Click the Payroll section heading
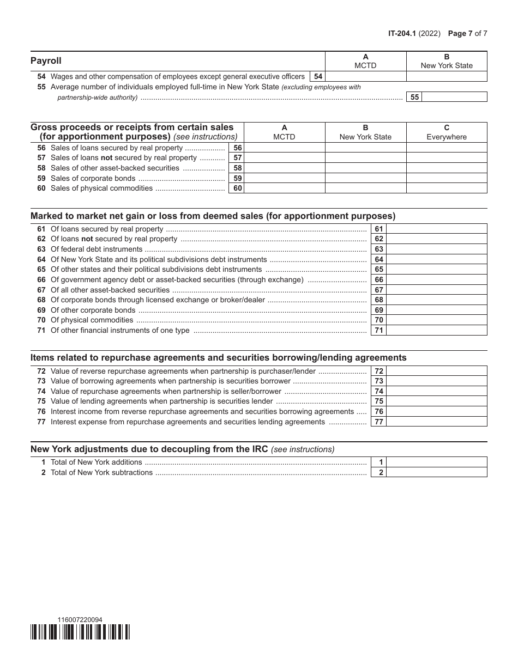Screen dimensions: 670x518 (46, 61)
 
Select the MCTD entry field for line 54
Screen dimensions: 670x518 (366, 77)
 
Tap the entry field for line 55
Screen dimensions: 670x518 (454, 97)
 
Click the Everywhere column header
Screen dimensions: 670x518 (447, 132)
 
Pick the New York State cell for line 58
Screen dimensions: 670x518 (366, 168)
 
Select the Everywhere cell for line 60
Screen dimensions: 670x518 (447, 188)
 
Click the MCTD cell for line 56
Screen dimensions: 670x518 (284, 148)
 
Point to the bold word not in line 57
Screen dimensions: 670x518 (107, 158)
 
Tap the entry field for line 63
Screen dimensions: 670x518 (436, 249)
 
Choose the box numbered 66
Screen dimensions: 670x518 (379, 279)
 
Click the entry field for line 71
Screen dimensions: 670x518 (436, 330)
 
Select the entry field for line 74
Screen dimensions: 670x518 (436, 391)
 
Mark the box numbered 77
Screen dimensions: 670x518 (379, 422)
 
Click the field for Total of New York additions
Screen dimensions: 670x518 (436, 462)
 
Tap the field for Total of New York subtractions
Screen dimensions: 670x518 (436, 472)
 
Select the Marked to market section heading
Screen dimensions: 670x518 (213, 216)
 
